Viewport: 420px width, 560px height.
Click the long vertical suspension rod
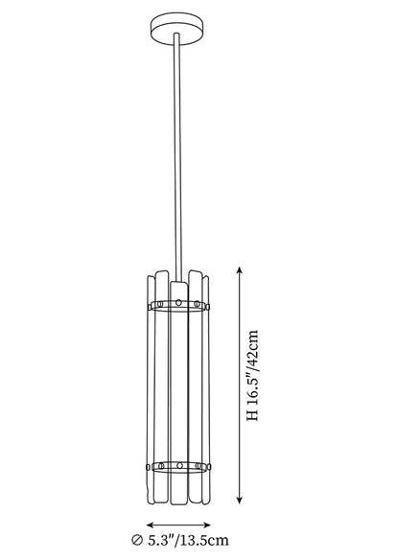pos(177,157)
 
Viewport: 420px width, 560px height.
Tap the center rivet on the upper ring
pos(178,303)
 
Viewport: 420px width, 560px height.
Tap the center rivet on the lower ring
pos(179,466)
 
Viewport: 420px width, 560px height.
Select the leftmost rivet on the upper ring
pos(150,307)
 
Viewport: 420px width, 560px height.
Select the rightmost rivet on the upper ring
pos(208,307)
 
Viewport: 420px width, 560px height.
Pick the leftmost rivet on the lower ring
pos(149,466)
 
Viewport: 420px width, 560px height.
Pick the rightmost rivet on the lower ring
pos(209,466)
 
